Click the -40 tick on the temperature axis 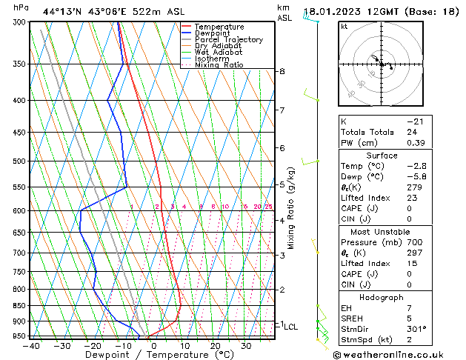pos(31,346)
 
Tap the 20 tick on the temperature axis pos(215,346)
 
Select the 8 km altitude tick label pos(282,71)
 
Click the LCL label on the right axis pos(290,326)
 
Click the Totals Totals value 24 pos(412,132)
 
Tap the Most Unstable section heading pos(382,232)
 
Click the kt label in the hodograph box pos(344,27)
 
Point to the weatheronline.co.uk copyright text pos(399,355)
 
